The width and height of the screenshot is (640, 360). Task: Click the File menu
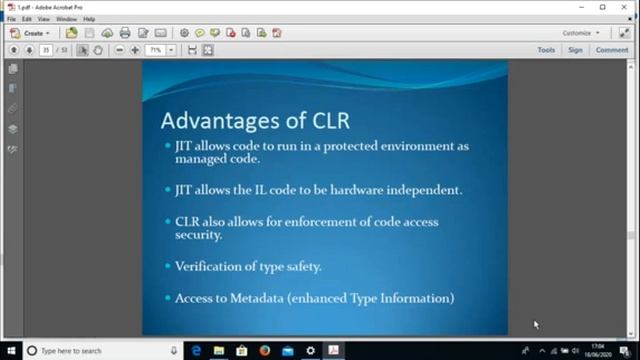pos(11,19)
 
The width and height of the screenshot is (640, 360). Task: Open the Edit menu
pos(26,19)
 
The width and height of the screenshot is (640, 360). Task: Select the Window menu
pos(66,19)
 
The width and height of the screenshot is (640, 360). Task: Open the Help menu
pos(89,19)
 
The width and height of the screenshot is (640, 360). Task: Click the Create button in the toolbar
pos(32,33)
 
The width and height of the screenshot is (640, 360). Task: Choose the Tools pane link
pos(546,50)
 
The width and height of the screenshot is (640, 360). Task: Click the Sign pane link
pos(575,50)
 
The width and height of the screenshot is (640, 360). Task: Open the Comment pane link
pos(612,50)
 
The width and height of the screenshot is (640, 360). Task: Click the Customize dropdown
pos(580,33)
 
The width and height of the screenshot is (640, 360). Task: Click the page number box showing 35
pos(46,50)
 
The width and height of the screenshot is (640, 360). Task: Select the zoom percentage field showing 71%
pos(156,50)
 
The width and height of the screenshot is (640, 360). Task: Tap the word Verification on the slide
pos(211,266)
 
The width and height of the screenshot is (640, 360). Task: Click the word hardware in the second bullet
pos(362,188)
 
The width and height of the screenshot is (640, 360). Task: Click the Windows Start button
pos(11,351)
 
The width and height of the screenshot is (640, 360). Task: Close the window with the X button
pos(625,6)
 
